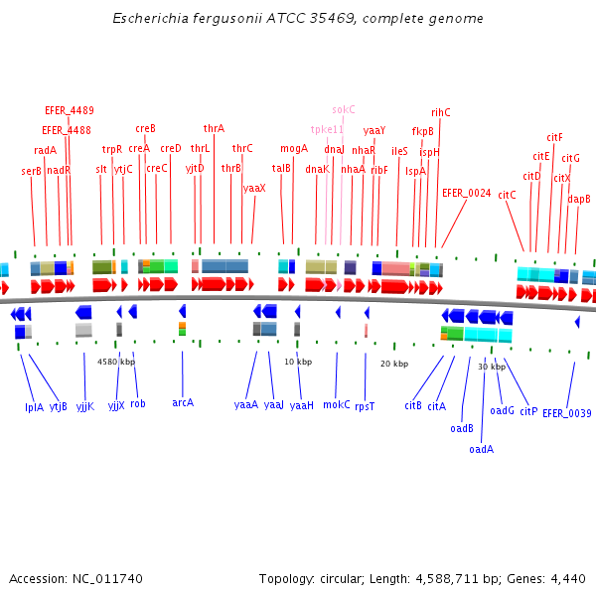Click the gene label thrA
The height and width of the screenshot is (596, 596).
pos(214,128)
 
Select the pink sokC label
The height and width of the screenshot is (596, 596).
pos(344,109)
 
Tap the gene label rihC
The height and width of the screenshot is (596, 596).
pos(440,112)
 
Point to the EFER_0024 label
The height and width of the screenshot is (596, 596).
pos(466,193)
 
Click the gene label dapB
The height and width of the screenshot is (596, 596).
pos(579,199)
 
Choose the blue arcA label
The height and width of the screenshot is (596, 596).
pos(183,402)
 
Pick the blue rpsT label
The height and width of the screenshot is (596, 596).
pos(365,405)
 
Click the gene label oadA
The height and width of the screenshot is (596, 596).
pos(482,448)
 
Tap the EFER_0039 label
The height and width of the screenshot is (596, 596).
pos(567,412)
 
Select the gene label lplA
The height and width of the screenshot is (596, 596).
pos(34,406)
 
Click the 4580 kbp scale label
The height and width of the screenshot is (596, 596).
pos(116,362)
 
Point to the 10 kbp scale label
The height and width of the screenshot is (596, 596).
pos(298,361)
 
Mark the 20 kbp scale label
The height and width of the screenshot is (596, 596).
pos(394,364)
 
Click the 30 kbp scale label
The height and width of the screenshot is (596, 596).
pos(492,367)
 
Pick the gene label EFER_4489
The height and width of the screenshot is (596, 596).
pos(70,110)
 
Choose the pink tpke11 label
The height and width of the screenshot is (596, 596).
pos(327,129)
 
